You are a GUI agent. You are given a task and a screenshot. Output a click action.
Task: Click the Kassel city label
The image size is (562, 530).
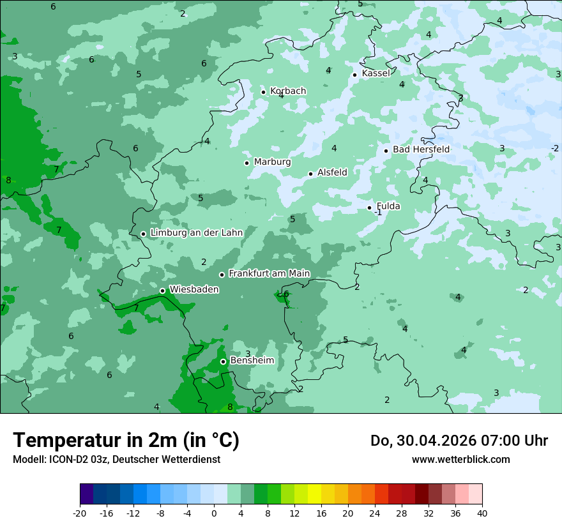tap(376, 73)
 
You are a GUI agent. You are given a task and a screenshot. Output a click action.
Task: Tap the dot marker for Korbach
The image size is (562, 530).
tap(263, 92)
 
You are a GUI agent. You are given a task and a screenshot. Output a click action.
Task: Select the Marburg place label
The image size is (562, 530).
tap(272, 162)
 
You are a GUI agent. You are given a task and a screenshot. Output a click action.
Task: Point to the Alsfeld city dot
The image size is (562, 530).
tap(310, 174)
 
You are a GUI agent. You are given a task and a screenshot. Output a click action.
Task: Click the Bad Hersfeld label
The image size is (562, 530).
tap(421, 149)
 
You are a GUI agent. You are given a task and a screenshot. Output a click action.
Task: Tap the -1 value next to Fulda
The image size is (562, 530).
tap(378, 213)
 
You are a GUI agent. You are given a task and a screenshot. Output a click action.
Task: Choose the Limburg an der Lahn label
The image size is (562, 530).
tap(196, 233)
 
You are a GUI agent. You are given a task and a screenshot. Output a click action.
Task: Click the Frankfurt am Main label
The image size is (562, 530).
tap(269, 274)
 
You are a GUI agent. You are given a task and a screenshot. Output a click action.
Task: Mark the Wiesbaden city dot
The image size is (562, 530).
tap(162, 291)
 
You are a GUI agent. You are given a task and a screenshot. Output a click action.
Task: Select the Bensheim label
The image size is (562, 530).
tap(252, 361)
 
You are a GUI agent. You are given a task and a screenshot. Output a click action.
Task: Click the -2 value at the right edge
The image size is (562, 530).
tap(554, 149)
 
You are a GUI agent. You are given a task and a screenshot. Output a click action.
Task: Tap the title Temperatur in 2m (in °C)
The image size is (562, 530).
tap(126, 441)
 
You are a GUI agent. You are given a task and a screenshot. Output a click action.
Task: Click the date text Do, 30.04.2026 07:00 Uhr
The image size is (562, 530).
tap(459, 441)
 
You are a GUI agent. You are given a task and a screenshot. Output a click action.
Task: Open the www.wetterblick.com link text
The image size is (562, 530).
tap(460, 460)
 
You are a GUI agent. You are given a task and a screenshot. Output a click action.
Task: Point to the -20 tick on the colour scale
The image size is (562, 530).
tap(80, 513)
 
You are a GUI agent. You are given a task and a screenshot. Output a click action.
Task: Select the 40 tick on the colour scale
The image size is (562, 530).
tap(482, 513)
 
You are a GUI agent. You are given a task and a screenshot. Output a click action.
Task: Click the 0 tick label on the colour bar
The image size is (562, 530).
tap(214, 513)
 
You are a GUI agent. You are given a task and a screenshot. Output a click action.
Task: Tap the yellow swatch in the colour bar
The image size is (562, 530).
tap(314, 494)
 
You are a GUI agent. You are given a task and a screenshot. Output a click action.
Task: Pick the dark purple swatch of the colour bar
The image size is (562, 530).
tap(87, 494)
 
